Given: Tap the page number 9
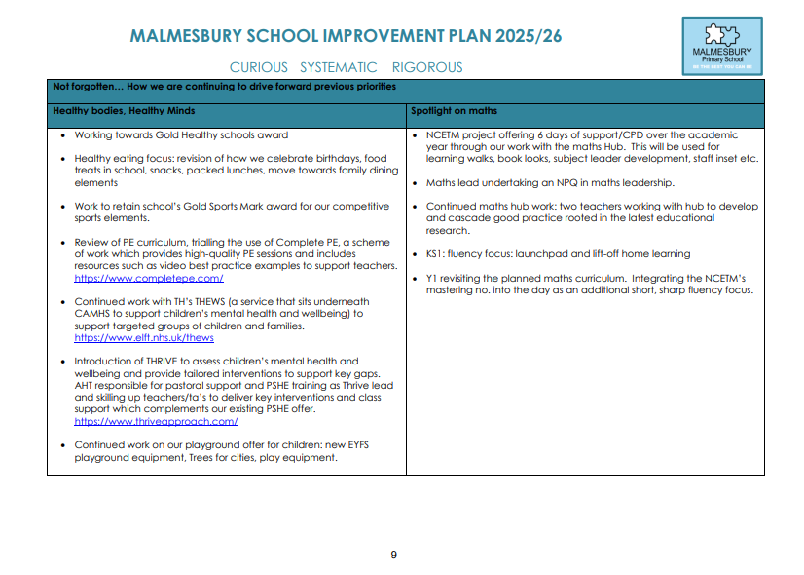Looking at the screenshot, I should click(394, 555).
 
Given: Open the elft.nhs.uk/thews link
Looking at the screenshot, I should click(144, 337).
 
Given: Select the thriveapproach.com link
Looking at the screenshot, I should click(156, 421).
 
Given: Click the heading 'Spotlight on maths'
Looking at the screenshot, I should click(454, 111).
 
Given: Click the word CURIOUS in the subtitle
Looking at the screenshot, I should click(259, 67).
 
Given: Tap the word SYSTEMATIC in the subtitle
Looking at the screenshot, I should click(338, 67).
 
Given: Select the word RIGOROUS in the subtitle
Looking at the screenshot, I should click(427, 67).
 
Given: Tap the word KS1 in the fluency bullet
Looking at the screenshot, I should click(436, 254).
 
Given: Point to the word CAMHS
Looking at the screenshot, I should click(93, 314).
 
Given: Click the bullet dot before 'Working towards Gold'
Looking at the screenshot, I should click(62, 135).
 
